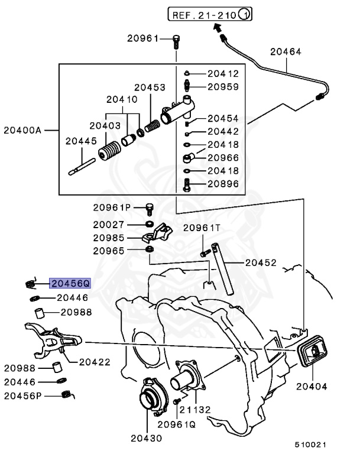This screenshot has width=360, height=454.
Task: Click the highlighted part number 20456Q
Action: pos(70,283)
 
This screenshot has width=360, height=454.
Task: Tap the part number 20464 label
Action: pos(286,52)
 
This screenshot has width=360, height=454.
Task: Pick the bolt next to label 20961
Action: pos(176,40)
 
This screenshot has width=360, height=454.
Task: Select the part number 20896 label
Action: pos(223,184)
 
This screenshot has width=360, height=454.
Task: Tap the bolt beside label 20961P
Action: pos(149,208)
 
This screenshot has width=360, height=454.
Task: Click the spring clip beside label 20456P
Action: pos(69,394)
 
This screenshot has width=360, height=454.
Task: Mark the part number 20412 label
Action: pos(223,74)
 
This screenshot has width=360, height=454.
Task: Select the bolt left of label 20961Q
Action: pos(176,401)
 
